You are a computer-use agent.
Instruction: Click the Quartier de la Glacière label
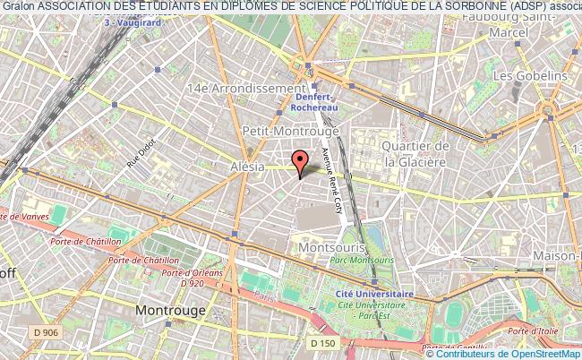(x=415, y=154)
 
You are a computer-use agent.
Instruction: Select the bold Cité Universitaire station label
(x=375, y=293)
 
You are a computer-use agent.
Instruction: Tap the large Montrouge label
(x=170, y=310)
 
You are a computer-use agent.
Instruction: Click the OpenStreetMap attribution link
(x=540, y=354)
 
